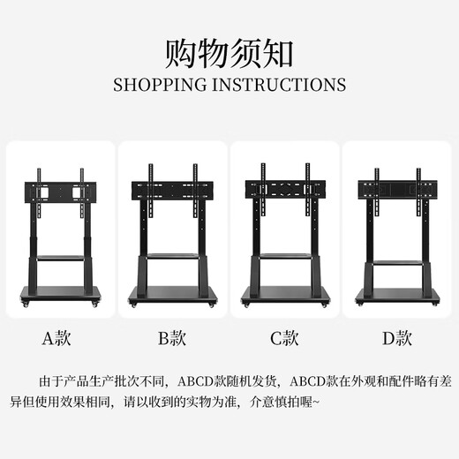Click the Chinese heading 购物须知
(229, 54)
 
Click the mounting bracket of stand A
(60, 191)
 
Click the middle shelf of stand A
(60, 259)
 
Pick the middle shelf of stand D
(396, 265)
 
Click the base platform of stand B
(172, 294)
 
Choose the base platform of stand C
(284, 295)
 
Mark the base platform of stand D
(396, 294)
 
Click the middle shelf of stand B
(172, 256)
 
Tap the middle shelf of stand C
(284, 256)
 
